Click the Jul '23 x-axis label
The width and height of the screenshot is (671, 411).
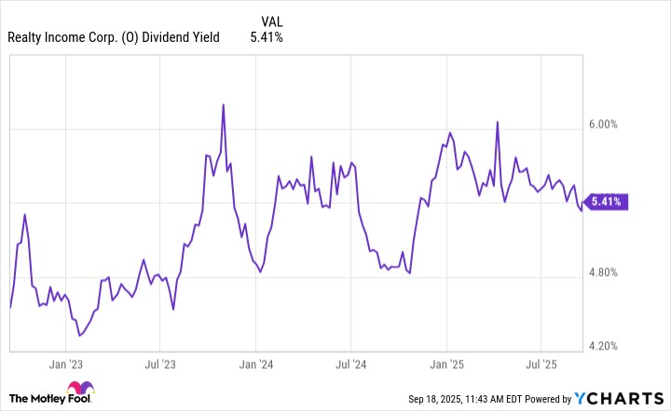point(160,364)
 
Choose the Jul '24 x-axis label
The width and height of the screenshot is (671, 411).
point(351,364)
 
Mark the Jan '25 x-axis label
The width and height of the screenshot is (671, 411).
point(446,364)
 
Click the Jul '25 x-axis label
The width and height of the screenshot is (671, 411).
point(542,364)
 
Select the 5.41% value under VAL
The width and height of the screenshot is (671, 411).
point(267,38)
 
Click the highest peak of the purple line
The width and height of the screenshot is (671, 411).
point(224,104)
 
